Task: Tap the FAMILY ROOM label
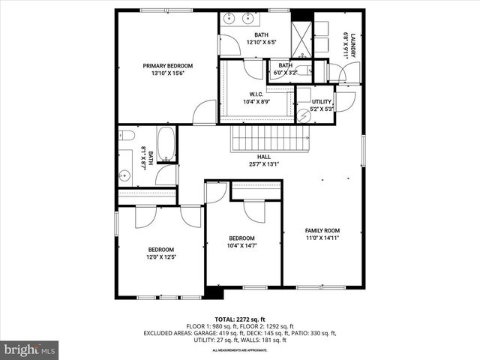(x=322, y=230)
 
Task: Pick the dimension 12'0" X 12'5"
(x=160, y=257)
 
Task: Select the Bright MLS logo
(x=30, y=349)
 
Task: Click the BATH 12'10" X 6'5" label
(x=261, y=38)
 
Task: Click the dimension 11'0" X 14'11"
(x=322, y=238)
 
